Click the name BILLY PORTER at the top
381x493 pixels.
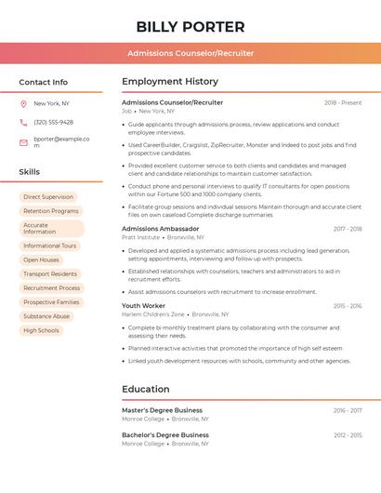(x=190, y=26)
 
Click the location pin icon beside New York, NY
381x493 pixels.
(x=23, y=103)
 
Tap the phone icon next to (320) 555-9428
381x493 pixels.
(x=23, y=122)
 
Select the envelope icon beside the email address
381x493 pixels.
(x=23, y=141)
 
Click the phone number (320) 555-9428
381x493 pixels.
(x=53, y=122)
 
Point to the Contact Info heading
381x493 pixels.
(x=43, y=82)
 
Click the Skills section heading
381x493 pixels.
(x=30, y=172)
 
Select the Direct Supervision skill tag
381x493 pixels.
(x=47, y=197)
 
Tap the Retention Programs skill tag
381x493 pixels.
(x=50, y=211)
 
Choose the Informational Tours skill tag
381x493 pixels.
(x=49, y=246)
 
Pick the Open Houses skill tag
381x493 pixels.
(x=41, y=260)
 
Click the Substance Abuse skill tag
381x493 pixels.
(x=46, y=316)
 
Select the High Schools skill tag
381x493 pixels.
(x=41, y=330)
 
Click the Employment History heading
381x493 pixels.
(x=170, y=82)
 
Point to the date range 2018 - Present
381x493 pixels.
(x=343, y=102)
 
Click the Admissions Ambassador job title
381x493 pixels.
(x=160, y=229)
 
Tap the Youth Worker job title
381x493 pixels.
(x=143, y=305)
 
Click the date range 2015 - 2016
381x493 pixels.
(x=348, y=305)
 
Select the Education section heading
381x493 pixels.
(x=145, y=389)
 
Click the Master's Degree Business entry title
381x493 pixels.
(x=162, y=409)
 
